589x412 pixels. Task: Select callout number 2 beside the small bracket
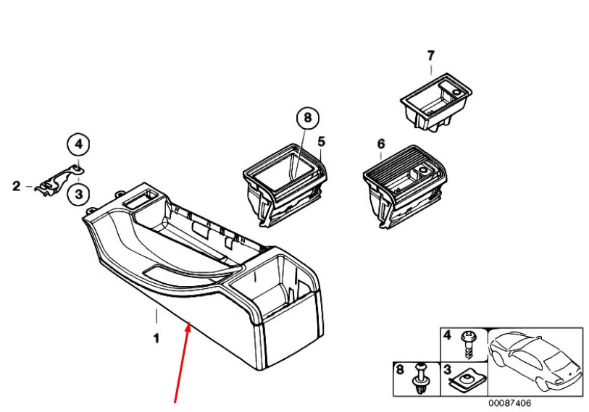[x=17, y=187]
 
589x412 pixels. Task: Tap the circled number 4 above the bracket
[x=78, y=145]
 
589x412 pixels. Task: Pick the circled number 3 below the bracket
[x=78, y=193]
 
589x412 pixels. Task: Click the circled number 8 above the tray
[x=307, y=117]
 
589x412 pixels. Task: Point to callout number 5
[x=322, y=140]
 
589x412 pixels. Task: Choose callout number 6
[x=381, y=145]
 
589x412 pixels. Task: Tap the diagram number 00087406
[x=509, y=402]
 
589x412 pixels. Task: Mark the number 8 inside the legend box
[x=398, y=370]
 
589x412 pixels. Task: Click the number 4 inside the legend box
[x=448, y=336]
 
